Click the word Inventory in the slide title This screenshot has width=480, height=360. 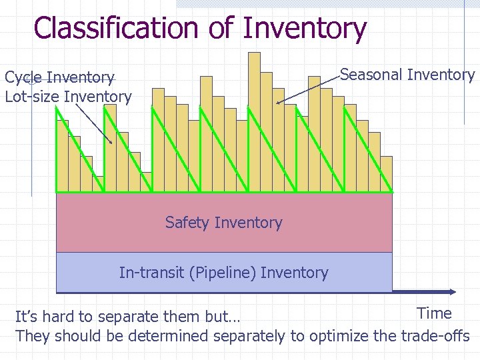click(305, 29)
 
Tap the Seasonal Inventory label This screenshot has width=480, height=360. click(407, 75)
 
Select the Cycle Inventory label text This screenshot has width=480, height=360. click(59, 78)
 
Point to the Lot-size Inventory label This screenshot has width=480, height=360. click(68, 97)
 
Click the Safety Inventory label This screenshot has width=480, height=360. click(223, 223)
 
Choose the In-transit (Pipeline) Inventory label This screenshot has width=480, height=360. click(223, 273)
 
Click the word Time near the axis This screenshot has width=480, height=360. click(434, 313)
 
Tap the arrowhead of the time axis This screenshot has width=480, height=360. click(451, 291)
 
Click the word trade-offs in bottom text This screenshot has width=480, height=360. click(435, 336)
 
